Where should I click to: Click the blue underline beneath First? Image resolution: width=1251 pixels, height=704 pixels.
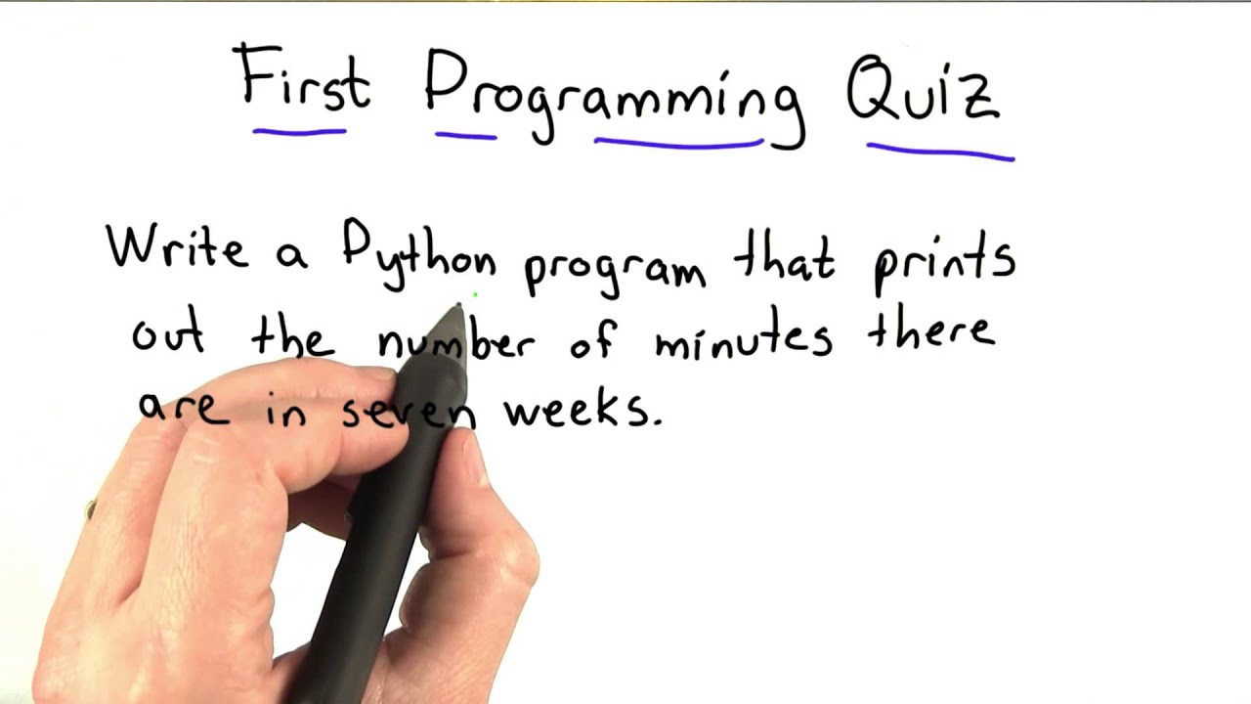(299, 129)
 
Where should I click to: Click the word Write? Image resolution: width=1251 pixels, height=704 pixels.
(177, 247)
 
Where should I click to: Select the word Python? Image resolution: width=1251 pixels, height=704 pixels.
(418, 256)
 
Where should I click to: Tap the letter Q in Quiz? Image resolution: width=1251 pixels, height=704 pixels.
(872, 90)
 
